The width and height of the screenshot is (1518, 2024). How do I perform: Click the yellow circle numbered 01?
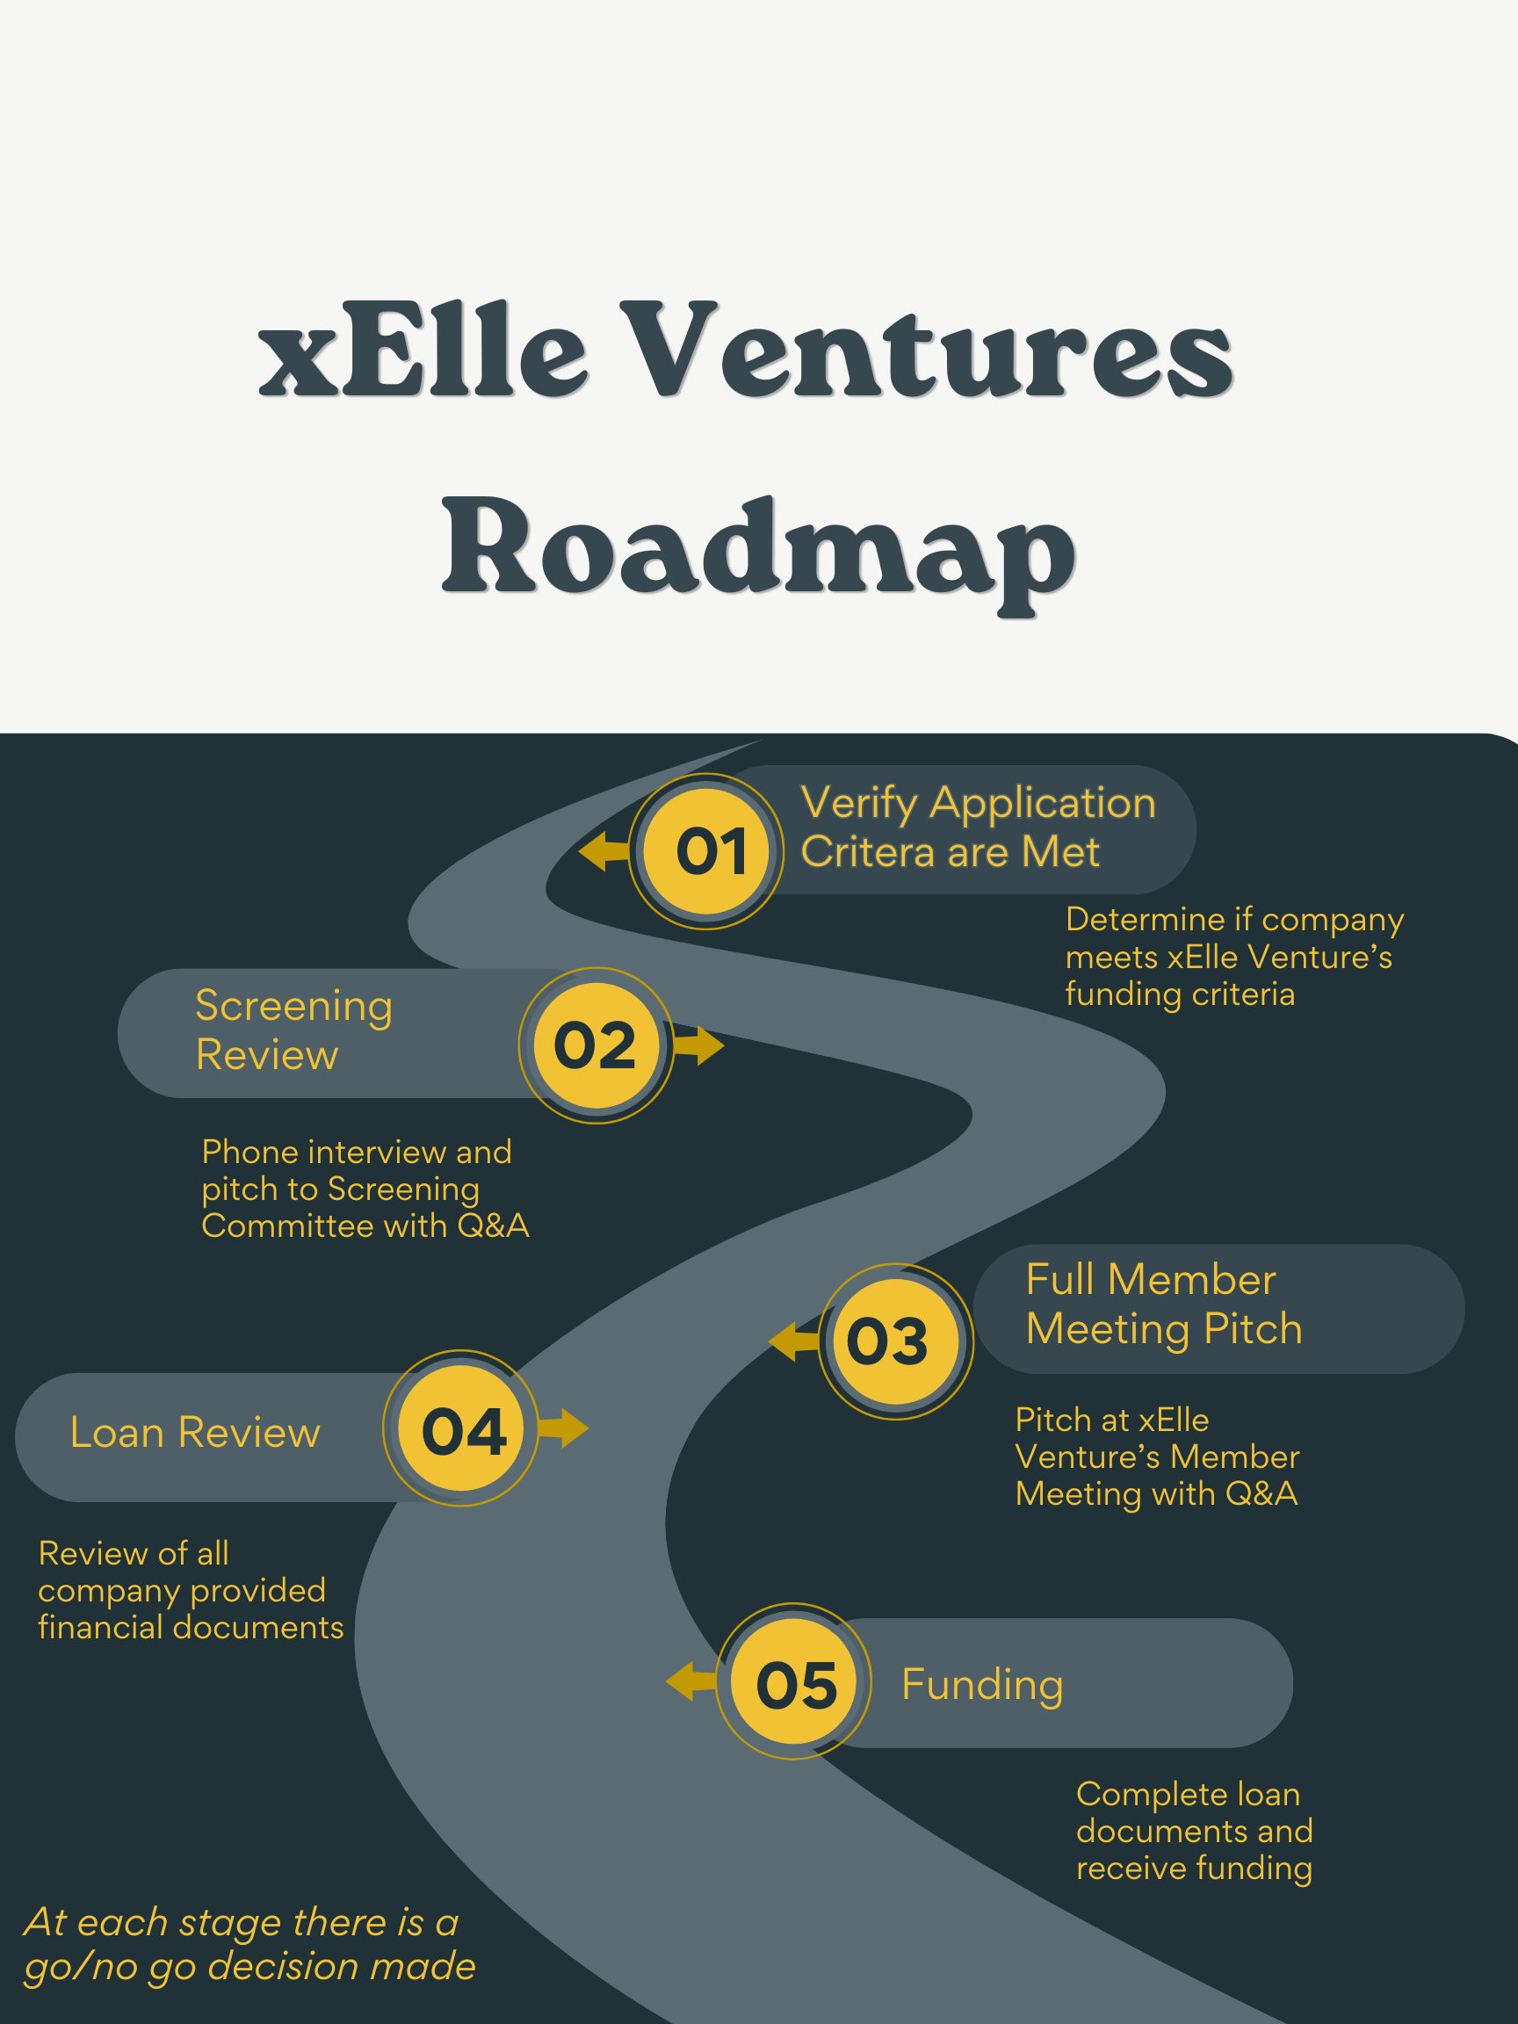coord(706,851)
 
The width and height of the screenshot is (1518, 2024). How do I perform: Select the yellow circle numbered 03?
coord(896,1341)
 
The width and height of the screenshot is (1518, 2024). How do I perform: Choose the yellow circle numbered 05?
coord(793,1681)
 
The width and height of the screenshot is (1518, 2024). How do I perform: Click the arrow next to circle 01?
coord(604,851)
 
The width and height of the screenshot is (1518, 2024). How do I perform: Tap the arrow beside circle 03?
coord(793,1341)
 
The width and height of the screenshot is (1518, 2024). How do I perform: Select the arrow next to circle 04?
coord(564,1428)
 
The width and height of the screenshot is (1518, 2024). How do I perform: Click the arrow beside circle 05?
coord(690,1681)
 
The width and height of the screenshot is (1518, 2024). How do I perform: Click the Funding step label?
coord(982,1685)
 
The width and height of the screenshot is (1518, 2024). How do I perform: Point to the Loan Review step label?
coord(195,1433)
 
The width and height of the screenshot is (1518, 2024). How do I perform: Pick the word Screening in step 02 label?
coord(293,1006)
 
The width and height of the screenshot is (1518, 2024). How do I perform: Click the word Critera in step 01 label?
coord(868,852)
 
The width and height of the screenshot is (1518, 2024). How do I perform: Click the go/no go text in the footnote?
coord(110,1966)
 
